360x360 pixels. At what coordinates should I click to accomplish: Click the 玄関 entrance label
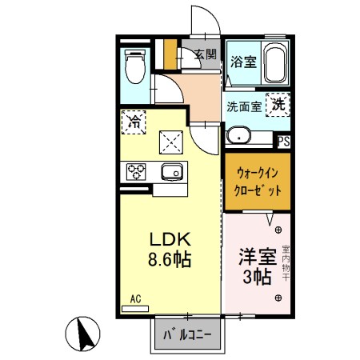[205, 55]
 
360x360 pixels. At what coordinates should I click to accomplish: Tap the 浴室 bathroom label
[243, 61]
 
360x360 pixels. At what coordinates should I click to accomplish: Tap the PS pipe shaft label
[283, 142]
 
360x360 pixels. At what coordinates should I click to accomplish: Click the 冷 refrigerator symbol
[134, 123]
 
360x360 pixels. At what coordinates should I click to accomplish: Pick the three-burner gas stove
[134, 171]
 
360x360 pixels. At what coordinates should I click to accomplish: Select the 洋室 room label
[256, 257]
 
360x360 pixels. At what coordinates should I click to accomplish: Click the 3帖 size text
[256, 278]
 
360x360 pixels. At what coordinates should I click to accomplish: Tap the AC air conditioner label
[134, 299]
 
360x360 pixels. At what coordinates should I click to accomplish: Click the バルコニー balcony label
[186, 334]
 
